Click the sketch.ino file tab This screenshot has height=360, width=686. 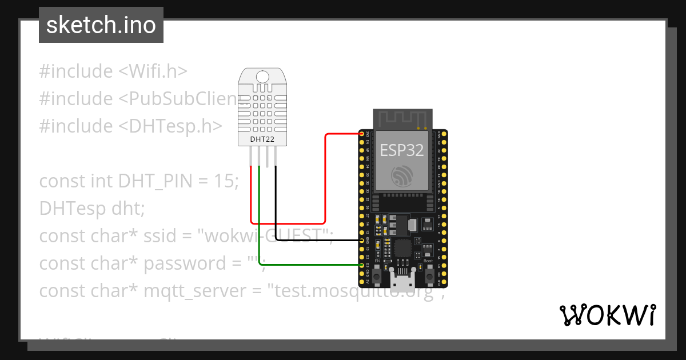[x=101, y=25]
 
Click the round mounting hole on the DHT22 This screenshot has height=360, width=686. [x=263, y=77]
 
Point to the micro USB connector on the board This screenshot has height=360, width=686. [x=403, y=281]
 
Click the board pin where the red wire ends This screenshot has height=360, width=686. [x=362, y=134]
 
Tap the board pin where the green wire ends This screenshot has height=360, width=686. [x=362, y=266]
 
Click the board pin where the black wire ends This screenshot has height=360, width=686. [x=362, y=241]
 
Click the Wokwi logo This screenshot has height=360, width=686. [x=607, y=315]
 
